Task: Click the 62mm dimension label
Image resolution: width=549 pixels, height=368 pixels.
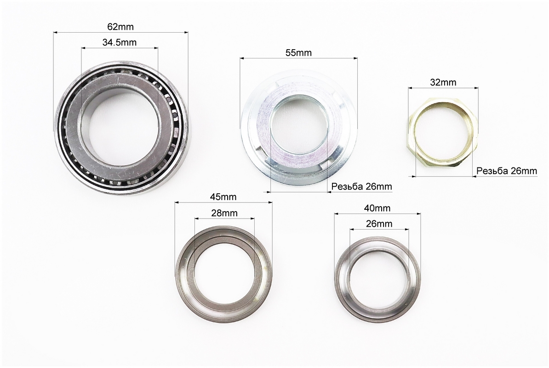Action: pyautogui.click(x=120, y=27)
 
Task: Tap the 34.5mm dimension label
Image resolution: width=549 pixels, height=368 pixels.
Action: pyautogui.click(x=120, y=42)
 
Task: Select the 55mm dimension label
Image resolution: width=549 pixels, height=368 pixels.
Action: pyautogui.click(x=298, y=53)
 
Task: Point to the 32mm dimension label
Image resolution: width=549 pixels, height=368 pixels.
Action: pyautogui.click(x=443, y=82)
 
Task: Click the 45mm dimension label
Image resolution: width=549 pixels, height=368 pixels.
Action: pyautogui.click(x=223, y=197)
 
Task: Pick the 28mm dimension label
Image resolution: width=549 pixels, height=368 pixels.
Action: pyautogui.click(x=224, y=213)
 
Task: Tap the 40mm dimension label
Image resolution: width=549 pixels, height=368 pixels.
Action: pyautogui.click(x=377, y=208)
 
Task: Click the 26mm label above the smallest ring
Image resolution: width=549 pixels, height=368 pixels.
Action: pyautogui.click(x=379, y=224)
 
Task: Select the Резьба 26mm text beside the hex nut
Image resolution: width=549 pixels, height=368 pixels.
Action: pyautogui.click(x=507, y=171)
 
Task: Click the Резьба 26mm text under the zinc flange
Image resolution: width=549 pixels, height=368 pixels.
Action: pyautogui.click(x=362, y=186)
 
